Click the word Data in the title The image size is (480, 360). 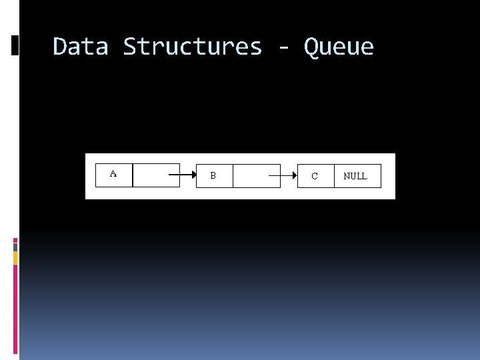tap(80, 47)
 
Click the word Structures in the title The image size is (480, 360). tap(193, 47)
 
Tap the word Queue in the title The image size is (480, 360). tap(339, 47)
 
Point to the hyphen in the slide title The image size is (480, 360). tap(283, 48)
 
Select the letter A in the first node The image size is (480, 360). tap(113, 174)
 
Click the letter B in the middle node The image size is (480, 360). tap(213, 176)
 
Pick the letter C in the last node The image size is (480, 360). tap(315, 177)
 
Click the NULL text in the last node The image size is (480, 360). tap(355, 177)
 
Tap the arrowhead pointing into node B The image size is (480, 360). tap(193, 176)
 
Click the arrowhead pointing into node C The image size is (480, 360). tap(294, 176)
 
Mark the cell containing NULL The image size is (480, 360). tap(357, 176)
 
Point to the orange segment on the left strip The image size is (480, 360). tap(15, 257)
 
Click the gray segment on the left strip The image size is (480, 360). tap(15, 247)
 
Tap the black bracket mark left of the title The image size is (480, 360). tap(15, 45)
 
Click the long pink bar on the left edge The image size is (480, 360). tap(15, 307)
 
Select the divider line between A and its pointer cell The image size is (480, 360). tap(133, 175)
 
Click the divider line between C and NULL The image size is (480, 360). tap(334, 176)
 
